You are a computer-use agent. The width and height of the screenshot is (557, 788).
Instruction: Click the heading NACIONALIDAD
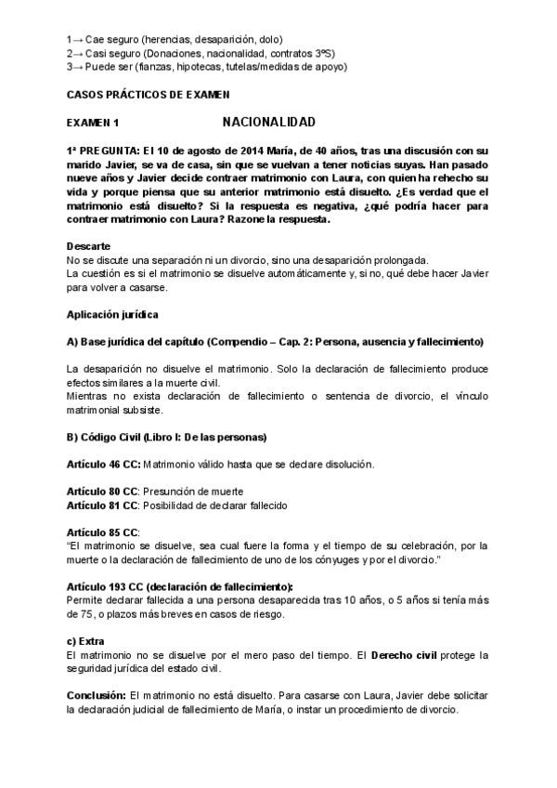coord(268,122)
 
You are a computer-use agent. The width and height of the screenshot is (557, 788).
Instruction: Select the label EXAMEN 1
coord(93,123)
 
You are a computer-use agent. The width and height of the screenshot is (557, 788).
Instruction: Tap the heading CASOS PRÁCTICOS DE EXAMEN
coord(148,95)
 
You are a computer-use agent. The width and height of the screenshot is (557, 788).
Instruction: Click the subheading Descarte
coord(89,245)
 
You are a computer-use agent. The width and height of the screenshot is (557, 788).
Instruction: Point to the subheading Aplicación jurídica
coord(112,314)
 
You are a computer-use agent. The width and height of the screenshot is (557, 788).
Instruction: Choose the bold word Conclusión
coord(97,695)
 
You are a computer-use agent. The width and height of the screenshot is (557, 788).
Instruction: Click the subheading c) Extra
coord(85,641)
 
